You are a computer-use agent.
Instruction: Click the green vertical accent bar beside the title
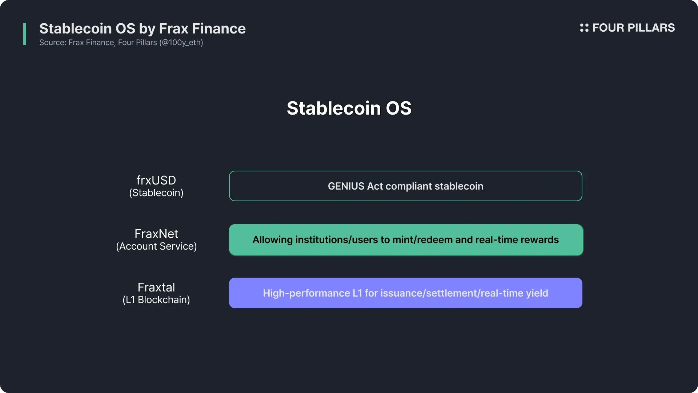click(x=25, y=34)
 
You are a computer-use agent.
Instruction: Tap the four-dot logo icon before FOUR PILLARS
click(x=584, y=28)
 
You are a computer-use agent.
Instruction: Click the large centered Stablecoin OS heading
click(x=349, y=108)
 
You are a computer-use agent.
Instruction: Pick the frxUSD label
click(x=156, y=180)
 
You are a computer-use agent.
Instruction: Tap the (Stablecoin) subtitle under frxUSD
click(x=156, y=193)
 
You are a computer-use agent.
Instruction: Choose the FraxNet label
click(x=156, y=234)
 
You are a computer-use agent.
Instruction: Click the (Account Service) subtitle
click(x=156, y=246)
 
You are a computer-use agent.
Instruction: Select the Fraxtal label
click(x=156, y=287)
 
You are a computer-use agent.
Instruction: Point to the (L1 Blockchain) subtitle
click(x=156, y=300)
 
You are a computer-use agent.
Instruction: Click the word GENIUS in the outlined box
click(x=346, y=186)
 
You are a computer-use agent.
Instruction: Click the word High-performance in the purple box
click(x=306, y=293)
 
